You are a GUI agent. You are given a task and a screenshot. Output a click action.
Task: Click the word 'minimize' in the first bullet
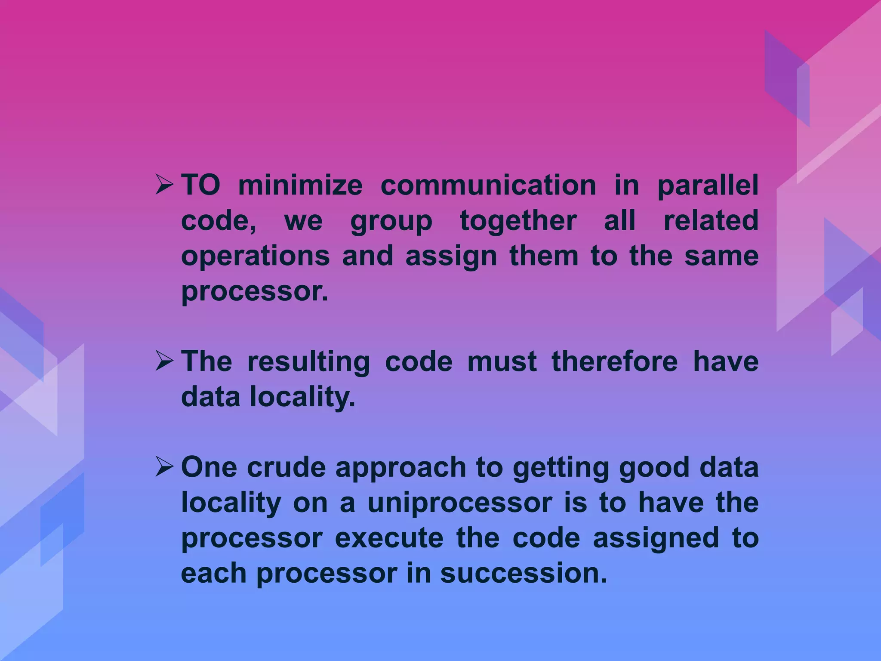pos(300,185)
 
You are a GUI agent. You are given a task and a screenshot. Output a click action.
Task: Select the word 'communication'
pos(488,185)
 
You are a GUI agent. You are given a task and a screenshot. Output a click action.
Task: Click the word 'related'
pos(711,221)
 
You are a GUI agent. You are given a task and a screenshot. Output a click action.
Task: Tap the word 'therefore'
pos(614,361)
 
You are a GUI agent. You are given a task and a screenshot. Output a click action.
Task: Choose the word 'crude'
pos(286,467)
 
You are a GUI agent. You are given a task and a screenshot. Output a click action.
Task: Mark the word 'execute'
pos(389,538)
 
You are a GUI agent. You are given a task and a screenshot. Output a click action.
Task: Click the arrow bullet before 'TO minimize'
pos(164,186)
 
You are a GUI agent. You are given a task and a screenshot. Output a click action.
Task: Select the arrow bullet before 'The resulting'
pos(164,361)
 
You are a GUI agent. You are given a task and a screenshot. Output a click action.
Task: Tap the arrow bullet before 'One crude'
pos(164,467)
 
